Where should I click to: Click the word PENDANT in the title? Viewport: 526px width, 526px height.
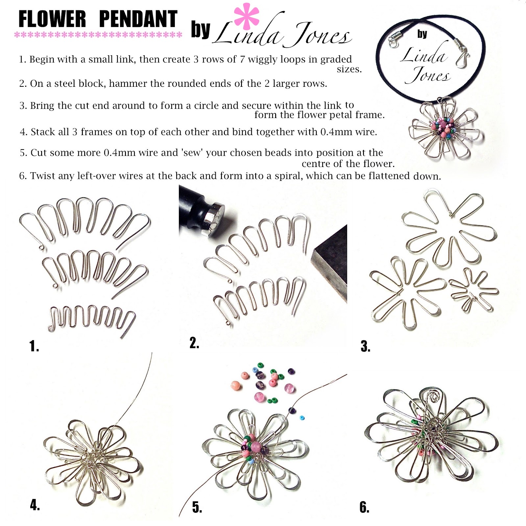point(138,19)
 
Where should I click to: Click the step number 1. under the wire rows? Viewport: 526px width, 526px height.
point(34,346)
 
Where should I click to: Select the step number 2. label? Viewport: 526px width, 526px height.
point(194,343)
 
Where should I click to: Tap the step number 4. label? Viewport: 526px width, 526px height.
point(35,505)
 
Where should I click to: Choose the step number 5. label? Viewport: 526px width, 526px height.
point(197,508)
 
